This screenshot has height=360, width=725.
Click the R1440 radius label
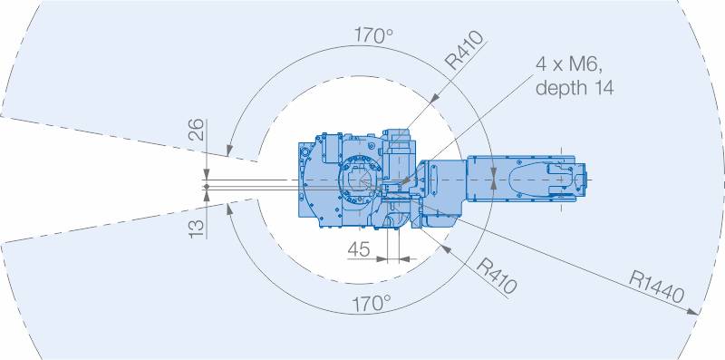[x=656, y=287]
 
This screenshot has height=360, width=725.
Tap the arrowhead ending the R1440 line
[x=692, y=312]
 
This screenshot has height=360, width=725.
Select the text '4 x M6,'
[x=569, y=64]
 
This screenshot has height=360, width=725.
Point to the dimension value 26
[x=196, y=129]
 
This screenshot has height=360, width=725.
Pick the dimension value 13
[x=196, y=229]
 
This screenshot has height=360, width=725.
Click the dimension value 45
[x=359, y=249]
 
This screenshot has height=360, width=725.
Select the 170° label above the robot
[x=373, y=35]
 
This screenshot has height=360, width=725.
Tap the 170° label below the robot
[x=372, y=304]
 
